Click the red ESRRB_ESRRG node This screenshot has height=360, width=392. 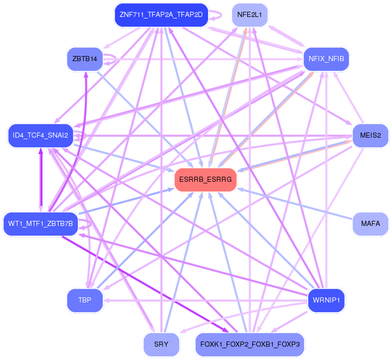[206, 180]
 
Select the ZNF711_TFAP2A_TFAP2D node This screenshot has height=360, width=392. [161, 14]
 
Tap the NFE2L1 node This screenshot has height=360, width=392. [250, 15]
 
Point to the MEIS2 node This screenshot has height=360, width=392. [370, 136]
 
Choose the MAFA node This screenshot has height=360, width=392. [370, 224]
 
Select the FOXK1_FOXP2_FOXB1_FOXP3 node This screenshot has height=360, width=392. [250, 344]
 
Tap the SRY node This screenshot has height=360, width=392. [161, 344]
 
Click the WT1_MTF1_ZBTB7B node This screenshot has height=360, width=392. [41, 224]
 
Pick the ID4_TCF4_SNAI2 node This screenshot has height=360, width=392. [41, 136]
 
